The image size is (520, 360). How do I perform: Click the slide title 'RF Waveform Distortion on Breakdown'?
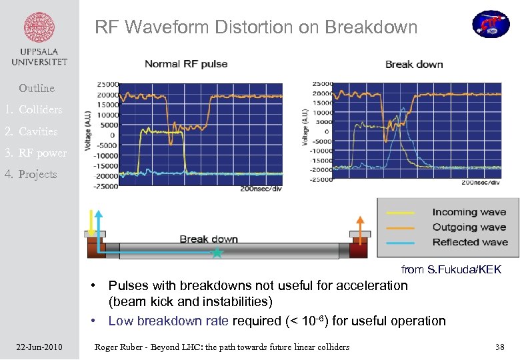[256, 27]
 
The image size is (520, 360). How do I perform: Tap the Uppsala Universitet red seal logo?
[39, 29]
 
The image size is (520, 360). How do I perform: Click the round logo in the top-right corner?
[491, 24]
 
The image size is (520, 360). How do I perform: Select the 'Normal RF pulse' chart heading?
[186, 64]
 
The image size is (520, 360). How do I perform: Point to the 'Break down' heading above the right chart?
[413, 64]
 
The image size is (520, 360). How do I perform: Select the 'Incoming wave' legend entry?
[469, 212]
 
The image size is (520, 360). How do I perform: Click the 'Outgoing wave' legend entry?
[469, 227]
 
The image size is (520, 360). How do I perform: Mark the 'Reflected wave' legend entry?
[469, 242]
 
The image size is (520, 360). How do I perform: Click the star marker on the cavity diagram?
[216, 253]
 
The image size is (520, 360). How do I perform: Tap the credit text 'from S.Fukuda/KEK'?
[451, 269]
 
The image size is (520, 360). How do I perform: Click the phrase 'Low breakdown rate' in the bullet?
[168, 321]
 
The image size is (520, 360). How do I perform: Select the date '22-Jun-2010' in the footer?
[39, 347]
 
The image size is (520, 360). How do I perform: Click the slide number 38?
[500, 347]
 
